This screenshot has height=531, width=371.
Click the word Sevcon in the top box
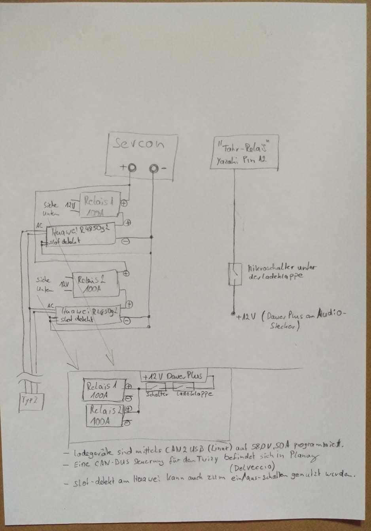138,144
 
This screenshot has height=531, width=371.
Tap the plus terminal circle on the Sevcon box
132,168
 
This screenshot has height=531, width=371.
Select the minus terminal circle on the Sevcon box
153,169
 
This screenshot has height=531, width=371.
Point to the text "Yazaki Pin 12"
241,160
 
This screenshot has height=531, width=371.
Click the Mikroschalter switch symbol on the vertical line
236,274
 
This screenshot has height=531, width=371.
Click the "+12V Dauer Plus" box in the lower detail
173,376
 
